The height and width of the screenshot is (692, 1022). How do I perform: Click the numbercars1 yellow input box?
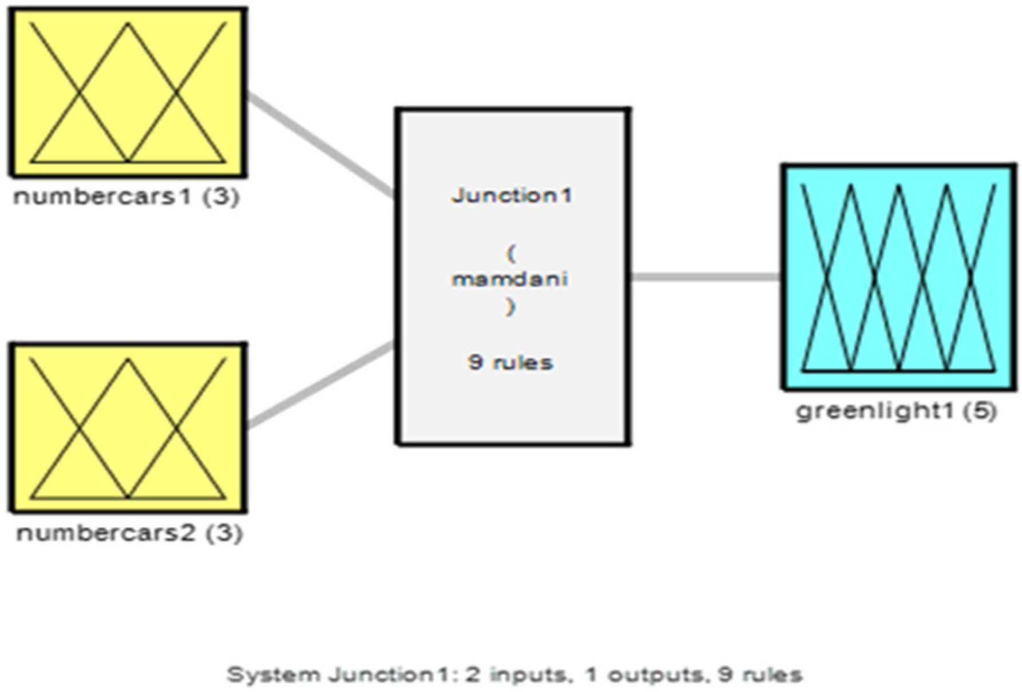tap(128, 92)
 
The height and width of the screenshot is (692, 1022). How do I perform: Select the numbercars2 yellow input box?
tap(128, 428)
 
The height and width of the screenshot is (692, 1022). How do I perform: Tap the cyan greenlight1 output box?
tap(898, 277)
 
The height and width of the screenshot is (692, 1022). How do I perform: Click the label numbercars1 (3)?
tap(126, 197)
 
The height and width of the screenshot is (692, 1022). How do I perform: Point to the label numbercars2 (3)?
tap(129, 533)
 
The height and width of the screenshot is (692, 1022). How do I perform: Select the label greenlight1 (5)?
tap(897, 411)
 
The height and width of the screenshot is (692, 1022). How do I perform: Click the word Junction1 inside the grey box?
tap(512, 196)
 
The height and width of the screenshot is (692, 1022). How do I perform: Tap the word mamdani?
tap(510, 279)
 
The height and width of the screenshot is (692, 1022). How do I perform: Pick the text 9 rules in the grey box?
tap(510, 362)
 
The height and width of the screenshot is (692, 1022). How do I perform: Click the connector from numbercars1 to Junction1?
tap(320, 145)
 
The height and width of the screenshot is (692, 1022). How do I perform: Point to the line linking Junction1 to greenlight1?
tap(706, 277)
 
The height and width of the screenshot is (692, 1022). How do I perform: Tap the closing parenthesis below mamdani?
tap(510, 307)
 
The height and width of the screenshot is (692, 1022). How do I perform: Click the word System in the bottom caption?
tap(273, 675)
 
